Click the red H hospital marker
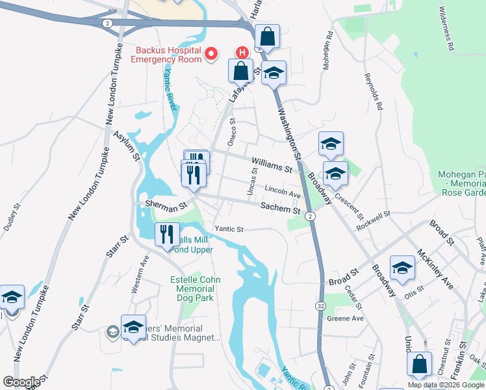242,52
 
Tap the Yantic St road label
229,229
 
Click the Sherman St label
166,204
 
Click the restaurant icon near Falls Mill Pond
167,233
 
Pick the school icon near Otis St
402,268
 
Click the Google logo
21,382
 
